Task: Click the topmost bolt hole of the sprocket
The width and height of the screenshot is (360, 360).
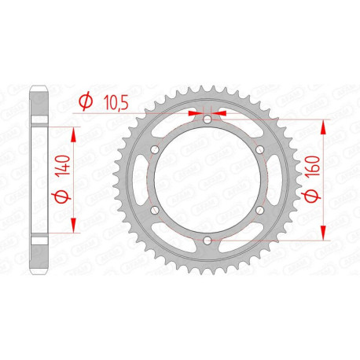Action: click(x=206, y=119)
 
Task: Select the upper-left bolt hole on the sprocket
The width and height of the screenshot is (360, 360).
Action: click(x=153, y=150)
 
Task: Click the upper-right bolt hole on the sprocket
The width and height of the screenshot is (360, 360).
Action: click(x=259, y=150)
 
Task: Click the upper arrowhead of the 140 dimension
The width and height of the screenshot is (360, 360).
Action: click(x=75, y=123)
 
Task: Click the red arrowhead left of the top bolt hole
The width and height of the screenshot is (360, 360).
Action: click(x=194, y=113)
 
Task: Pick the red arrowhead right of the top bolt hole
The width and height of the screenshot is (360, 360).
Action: click(x=218, y=113)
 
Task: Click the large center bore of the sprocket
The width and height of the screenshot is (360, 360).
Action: click(x=206, y=180)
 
